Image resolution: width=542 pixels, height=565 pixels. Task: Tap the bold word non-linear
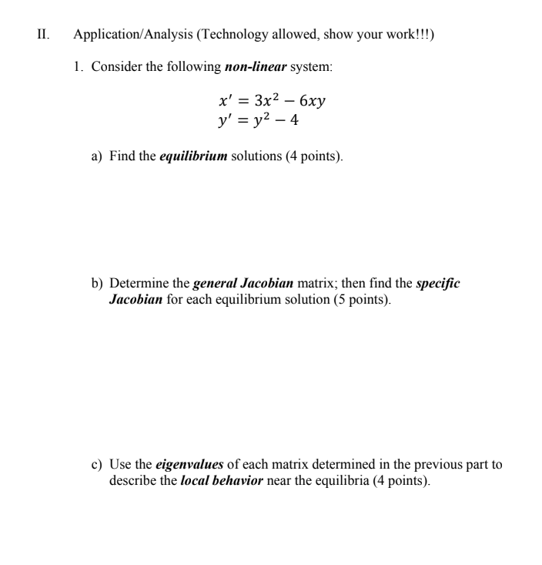[256, 67]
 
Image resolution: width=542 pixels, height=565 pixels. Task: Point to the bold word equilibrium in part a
[193, 156]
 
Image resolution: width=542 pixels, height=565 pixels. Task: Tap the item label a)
[97, 156]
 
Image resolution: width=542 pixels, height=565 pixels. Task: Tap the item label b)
[97, 284]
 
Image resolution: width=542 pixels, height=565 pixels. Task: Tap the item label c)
[97, 465]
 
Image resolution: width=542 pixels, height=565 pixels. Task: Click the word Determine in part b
[137, 284]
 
